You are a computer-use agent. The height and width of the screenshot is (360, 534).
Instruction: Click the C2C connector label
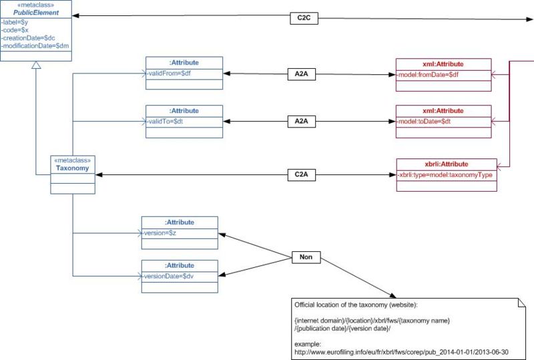pos(304,19)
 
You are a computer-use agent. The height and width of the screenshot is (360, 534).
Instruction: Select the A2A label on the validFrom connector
pos(301,73)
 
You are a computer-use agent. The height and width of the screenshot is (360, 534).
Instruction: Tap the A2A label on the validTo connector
pos(301,122)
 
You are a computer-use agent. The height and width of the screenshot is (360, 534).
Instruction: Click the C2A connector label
pos(301,175)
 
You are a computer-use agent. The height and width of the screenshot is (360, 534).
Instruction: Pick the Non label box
pos(306,256)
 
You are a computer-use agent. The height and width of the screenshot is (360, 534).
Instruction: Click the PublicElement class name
pos(35,13)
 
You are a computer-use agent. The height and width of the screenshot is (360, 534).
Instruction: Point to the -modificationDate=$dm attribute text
pos(35,46)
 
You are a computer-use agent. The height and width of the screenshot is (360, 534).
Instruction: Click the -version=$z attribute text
pos(162,232)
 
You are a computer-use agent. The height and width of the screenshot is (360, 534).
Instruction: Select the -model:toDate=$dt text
pos(425,121)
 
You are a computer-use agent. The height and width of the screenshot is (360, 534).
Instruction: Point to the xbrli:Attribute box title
pos(447,164)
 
